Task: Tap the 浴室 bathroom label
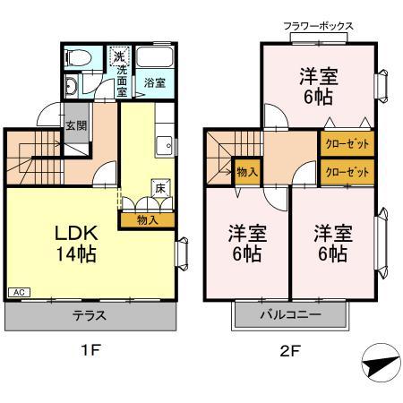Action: [155, 83]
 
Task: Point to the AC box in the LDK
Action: [18, 292]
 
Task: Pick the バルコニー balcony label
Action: [290, 314]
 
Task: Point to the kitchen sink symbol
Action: [164, 144]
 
